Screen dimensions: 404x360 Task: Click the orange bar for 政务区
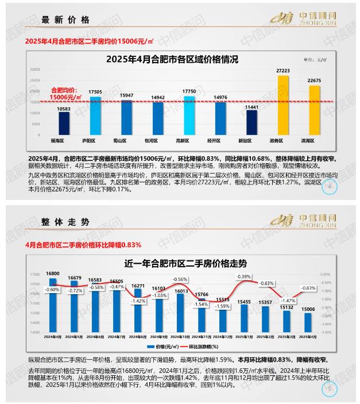coord(282,105)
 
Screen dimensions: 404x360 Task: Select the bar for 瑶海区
coord(64,122)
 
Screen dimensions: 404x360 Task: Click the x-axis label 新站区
coord(251,140)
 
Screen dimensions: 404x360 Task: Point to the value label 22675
coord(314,80)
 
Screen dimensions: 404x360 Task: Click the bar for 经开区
coord(220,118)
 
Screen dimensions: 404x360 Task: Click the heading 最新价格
coord(66,20)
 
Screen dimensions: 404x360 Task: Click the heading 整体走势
coord(66,221)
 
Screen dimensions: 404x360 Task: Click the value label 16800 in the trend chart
coord(54,274)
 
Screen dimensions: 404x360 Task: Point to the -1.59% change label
coord(222,306)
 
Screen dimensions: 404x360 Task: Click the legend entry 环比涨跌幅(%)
coord(199,347)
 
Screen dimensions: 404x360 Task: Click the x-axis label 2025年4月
coord(308,337)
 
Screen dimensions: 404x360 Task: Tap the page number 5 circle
coord(330,389)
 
